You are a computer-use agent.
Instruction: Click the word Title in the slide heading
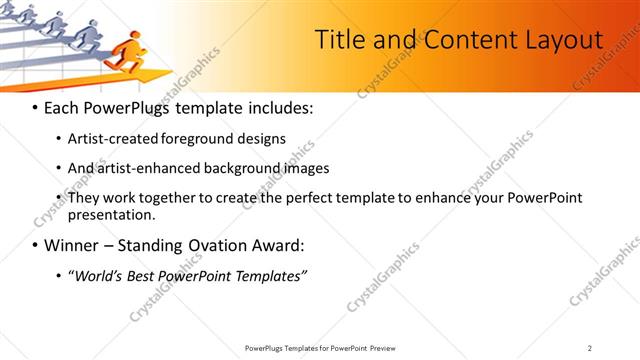tap(339, 40)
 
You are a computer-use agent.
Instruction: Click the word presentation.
tap(111, 214)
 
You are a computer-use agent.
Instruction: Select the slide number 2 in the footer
tap(590, 348)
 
